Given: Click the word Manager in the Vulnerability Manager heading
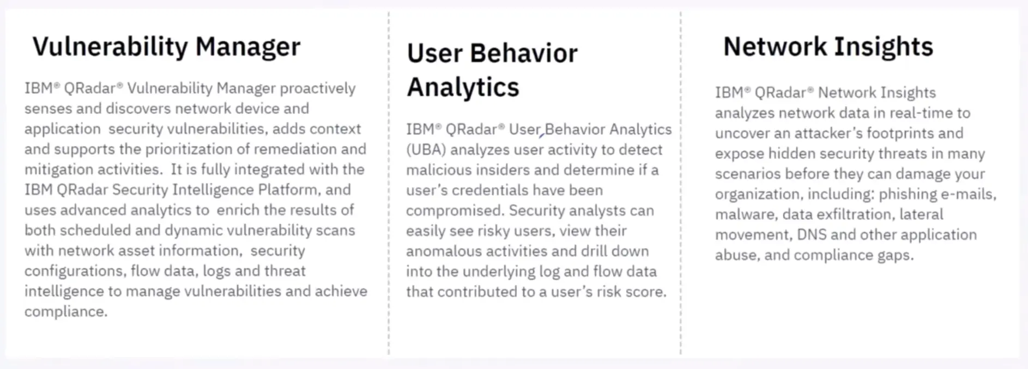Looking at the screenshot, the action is [248, 47].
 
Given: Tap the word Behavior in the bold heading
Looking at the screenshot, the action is [524, 53].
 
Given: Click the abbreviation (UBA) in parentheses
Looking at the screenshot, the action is [426, 150].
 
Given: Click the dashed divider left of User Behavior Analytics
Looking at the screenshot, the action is [389, 183].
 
